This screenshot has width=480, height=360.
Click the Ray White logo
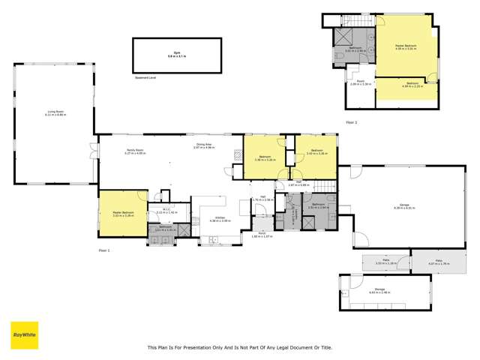click(24, 334)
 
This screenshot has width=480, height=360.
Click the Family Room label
click(135, 151)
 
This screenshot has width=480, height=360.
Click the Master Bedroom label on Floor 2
click(406, 47)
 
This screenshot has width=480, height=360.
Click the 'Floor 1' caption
click(104, 250)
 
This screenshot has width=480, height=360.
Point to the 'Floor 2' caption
click(352, 121)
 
